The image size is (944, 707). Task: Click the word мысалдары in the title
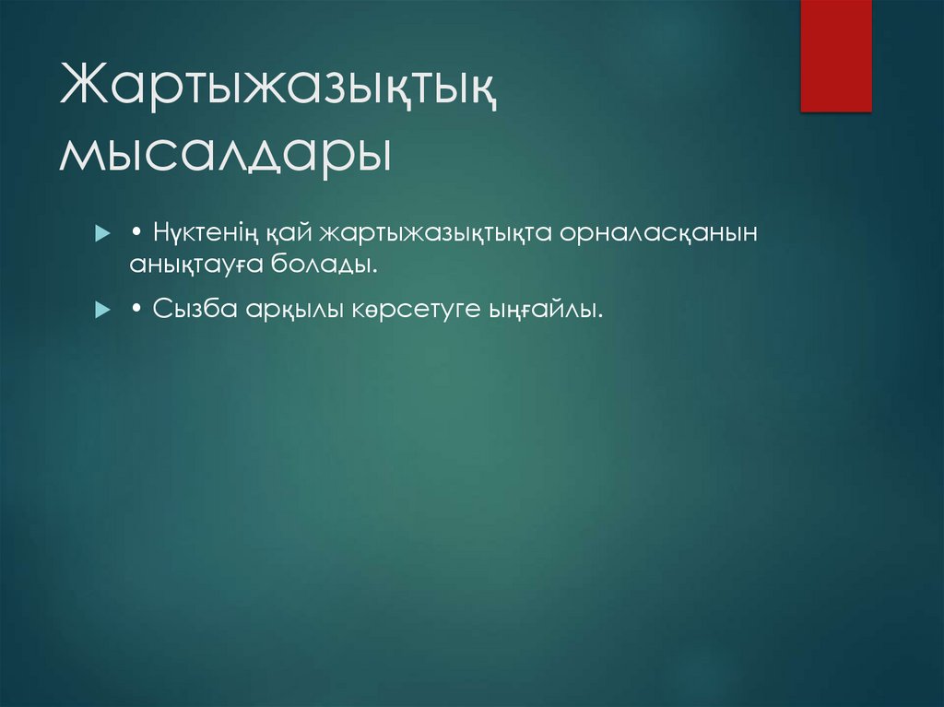[224, 153]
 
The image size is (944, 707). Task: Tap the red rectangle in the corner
[835, 55]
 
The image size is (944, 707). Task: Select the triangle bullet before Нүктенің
[102, 234]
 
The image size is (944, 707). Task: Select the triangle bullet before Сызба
[102, 312]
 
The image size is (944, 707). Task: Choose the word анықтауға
[196, 265]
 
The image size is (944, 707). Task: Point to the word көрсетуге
[414, 311]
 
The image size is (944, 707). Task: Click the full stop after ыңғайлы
[602, 317]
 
